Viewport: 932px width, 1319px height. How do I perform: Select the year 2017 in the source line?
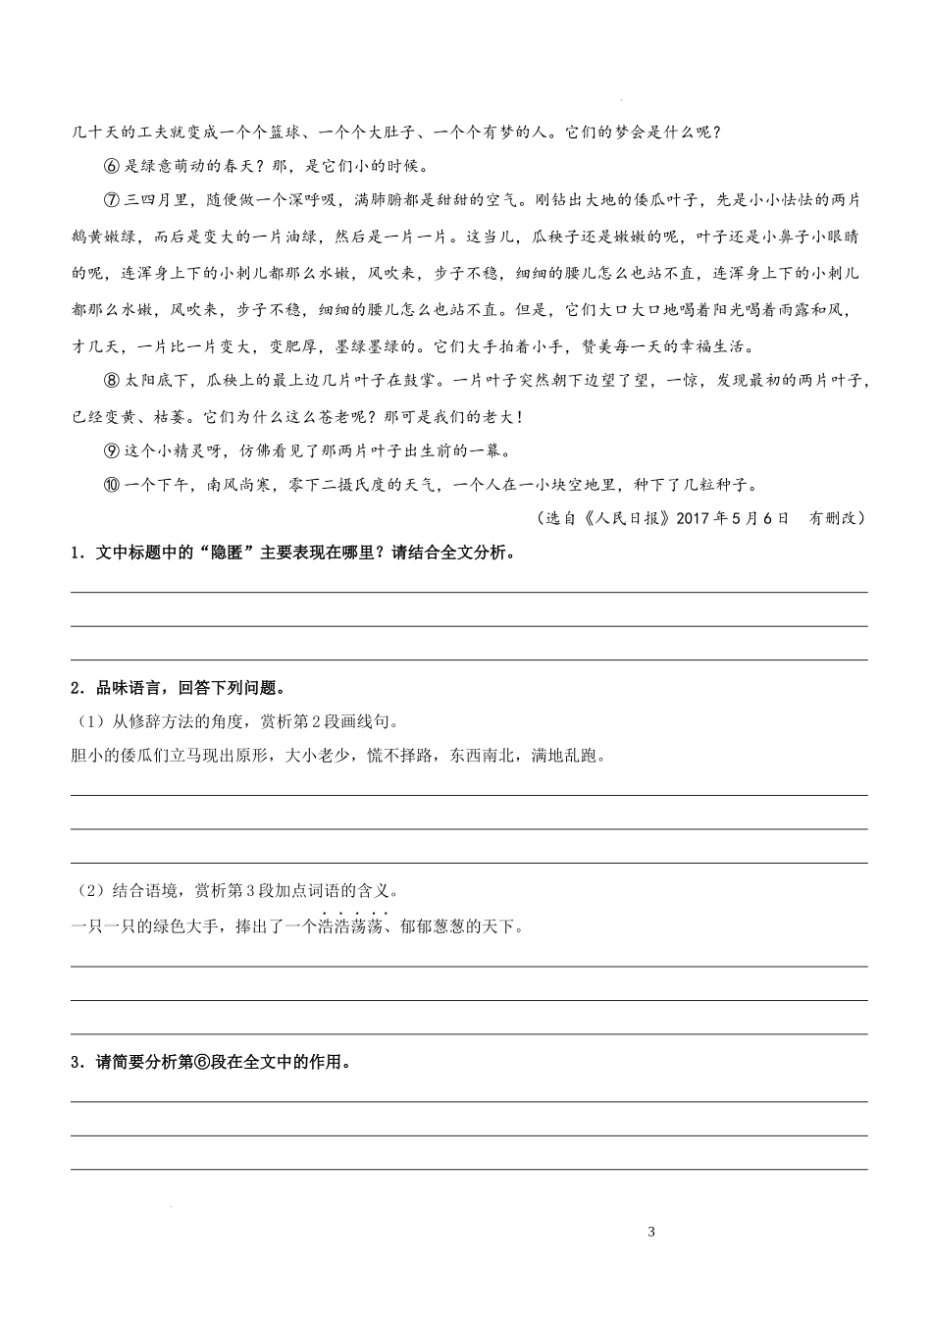point(695,518)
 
